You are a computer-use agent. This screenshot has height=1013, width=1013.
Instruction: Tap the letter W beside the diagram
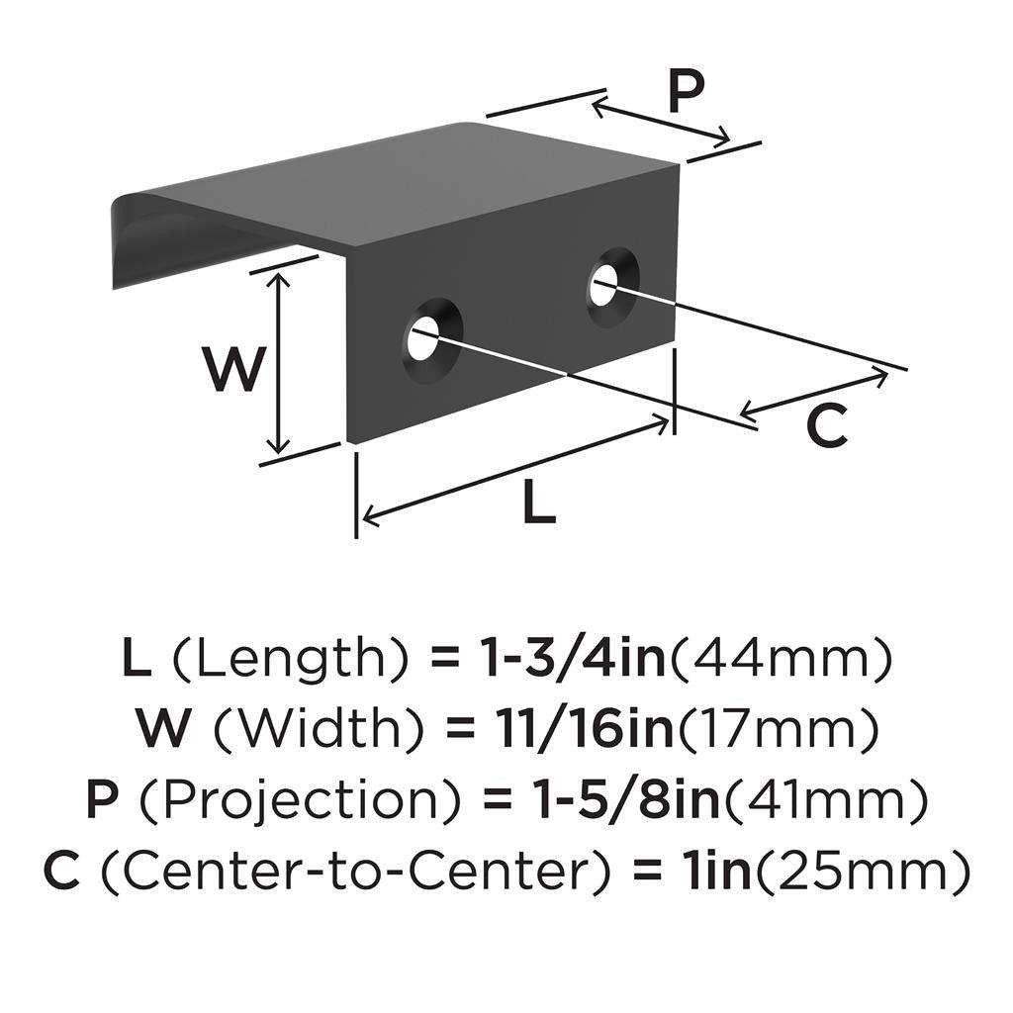(x=234, y=369)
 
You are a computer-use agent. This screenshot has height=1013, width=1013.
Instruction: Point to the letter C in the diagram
(x=826, y=426)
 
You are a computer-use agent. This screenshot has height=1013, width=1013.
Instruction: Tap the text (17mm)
(x=779, y=731)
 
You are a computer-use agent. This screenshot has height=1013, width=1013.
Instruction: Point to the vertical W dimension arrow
(x=281, y=363)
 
